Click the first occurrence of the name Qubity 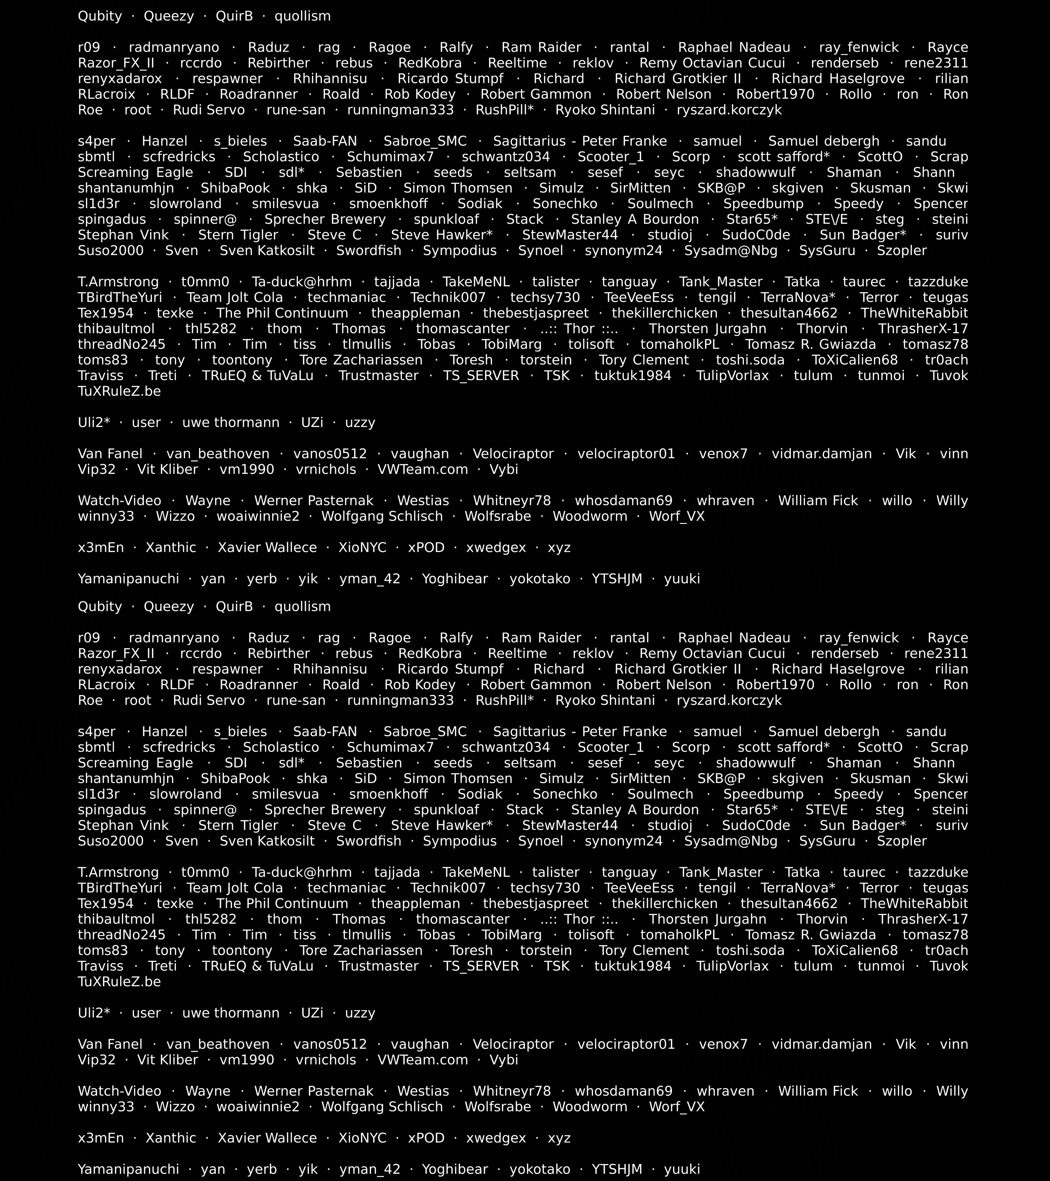[x=100, y=16]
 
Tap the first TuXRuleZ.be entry [x=119, y=391]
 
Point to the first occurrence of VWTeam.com [x=422, y=469]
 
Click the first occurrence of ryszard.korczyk [x=729, y=110]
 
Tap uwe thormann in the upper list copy [x=230, y=422]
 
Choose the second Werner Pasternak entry [x=314, y=1091]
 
